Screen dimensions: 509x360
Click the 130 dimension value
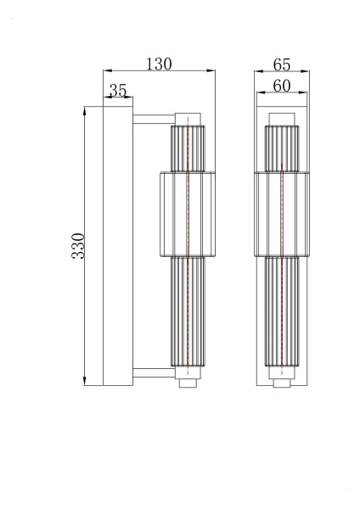point(159,63)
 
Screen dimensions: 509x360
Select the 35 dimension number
point(118,90)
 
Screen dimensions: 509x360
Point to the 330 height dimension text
point(78,245)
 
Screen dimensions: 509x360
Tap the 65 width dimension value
point(283,64)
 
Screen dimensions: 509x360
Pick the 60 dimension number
point(283,86)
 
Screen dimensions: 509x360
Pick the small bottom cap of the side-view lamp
point(188,382)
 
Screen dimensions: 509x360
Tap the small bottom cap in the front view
point(281,382)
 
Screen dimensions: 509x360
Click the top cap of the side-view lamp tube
point(188,117)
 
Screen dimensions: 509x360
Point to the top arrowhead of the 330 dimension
point(85,109)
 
